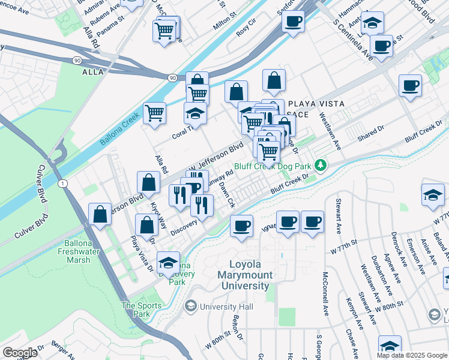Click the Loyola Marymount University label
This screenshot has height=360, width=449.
251,275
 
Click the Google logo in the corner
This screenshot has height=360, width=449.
20,353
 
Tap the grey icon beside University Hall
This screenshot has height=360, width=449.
191,307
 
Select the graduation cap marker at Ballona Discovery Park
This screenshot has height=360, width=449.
168,262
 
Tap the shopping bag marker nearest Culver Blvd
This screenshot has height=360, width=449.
100,214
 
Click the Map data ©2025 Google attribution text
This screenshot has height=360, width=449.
412,355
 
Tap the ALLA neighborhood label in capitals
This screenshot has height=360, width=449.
92,72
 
